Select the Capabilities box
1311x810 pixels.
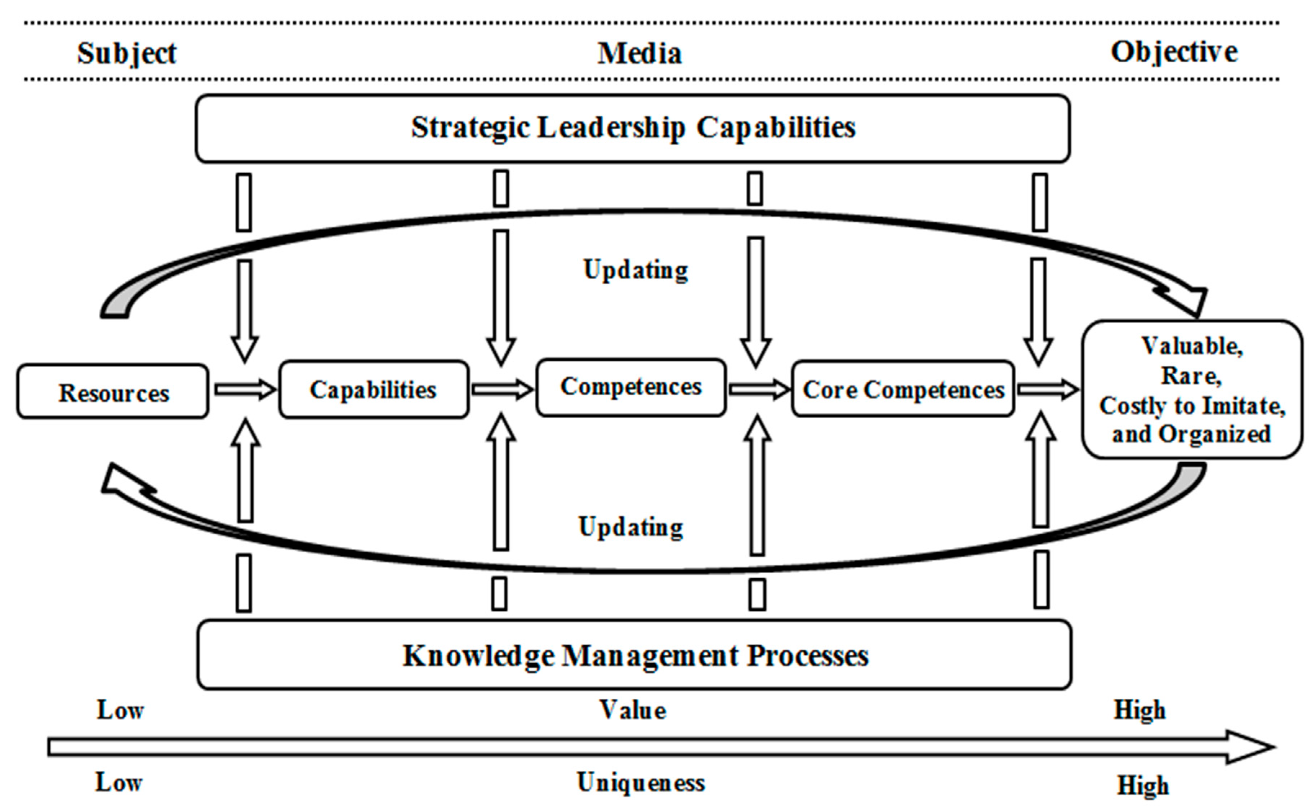373,390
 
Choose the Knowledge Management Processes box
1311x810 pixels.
635,655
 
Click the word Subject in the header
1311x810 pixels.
127,53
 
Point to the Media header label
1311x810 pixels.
639,53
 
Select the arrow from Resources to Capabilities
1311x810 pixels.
244,390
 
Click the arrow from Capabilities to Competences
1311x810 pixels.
502,390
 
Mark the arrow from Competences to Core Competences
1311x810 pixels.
759,390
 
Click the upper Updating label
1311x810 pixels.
636,270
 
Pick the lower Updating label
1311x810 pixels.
631,526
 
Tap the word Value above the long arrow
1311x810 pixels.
633,710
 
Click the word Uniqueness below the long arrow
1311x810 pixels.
641,783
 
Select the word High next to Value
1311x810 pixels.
1140,710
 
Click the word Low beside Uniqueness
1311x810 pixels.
119,783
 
